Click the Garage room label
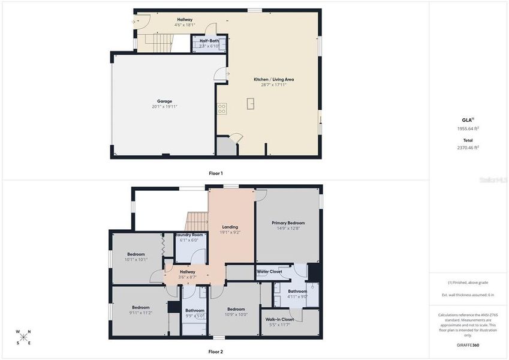(x=164, y=101)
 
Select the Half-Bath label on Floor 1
(x=209, y=41)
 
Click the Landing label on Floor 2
(x=230, y=227)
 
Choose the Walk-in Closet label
(x=279, y=319)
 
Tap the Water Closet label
(x=270, y=272)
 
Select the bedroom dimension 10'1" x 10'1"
(x=135, y=260)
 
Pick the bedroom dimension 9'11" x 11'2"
(x=141, y=313)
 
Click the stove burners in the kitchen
(x=222, y=109)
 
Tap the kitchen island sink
(x=251, y=104)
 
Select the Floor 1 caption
(x=215, y=173)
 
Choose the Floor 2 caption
(x=215, y=352)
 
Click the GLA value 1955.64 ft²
(x=468, y=128)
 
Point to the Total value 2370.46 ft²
(x=468, y=147)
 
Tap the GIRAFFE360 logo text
(x=468, y=345)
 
